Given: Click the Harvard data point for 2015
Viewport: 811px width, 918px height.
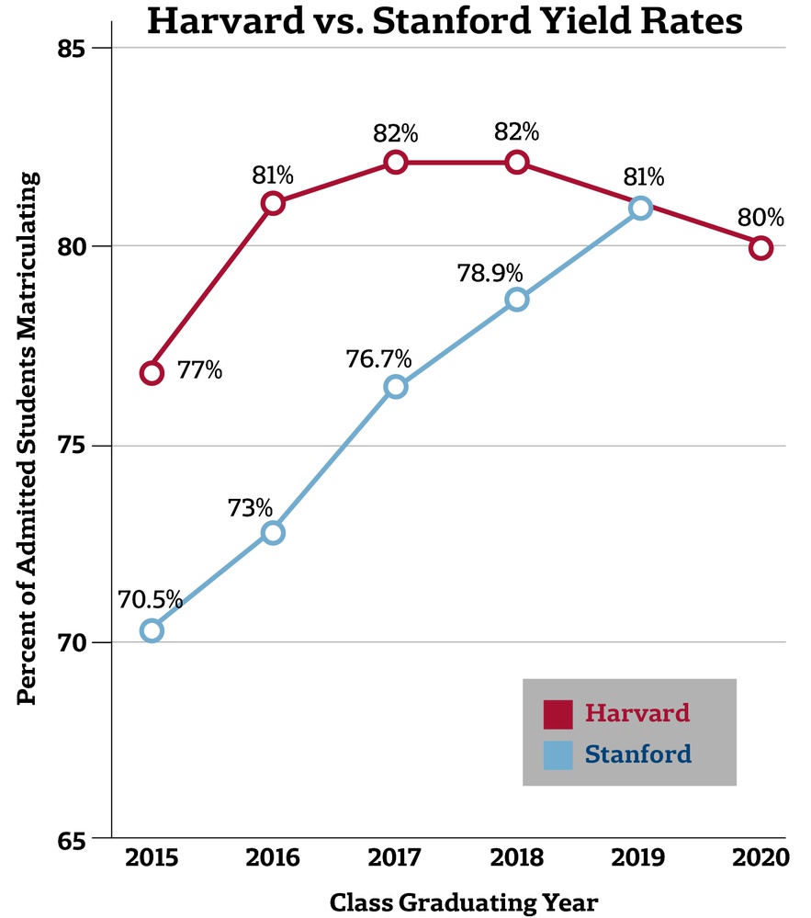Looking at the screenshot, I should (152, 372).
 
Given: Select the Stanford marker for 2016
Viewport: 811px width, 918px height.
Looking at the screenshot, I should (273, 533).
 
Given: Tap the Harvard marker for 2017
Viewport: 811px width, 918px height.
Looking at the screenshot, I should (395, 162).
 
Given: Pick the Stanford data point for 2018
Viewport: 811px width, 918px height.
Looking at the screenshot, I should (517, 300).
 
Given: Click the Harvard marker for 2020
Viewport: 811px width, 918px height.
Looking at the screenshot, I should (760, 248).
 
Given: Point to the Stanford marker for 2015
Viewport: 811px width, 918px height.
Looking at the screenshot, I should (152, 630).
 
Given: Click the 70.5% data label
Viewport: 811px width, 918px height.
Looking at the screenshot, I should (150, 603).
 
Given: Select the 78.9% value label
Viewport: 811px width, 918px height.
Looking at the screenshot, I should (491, 273).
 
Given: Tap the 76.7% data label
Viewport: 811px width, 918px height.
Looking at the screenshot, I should (379, 358).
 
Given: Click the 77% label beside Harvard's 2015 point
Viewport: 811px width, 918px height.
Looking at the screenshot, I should (199, 371).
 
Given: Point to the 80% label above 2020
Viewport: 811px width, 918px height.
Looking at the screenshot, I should (761, 219).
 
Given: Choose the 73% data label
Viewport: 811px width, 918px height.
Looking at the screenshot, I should (251, 507).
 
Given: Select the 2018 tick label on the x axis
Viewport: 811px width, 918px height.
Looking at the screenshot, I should (517, 858).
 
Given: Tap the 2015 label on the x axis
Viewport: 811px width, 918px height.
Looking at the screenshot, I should (152, 858).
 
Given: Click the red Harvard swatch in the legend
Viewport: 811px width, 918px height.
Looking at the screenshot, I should (558, 714).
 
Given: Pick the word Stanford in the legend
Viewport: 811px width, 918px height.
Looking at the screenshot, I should (638, 755).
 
